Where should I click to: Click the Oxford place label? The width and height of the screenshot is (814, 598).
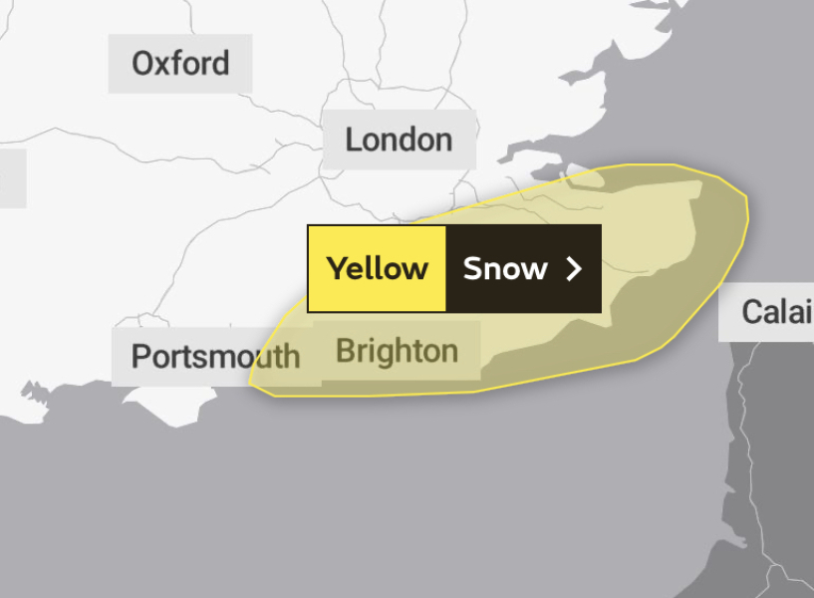coord(180,64)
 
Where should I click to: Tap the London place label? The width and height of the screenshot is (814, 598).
coord(399,140)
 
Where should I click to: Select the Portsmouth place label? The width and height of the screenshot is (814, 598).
coord(215,356)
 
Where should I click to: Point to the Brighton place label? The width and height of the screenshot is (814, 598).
coord(397,351)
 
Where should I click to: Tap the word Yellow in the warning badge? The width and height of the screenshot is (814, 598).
coord(378,268)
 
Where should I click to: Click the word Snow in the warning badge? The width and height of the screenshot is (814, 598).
coord(505,268)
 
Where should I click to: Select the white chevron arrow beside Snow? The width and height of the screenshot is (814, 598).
coord(574,268)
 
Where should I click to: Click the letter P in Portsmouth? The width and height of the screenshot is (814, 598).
coord(140,356)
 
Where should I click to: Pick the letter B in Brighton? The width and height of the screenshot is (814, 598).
coord(346,351)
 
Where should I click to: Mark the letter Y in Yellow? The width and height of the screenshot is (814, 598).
coord(338,268)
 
